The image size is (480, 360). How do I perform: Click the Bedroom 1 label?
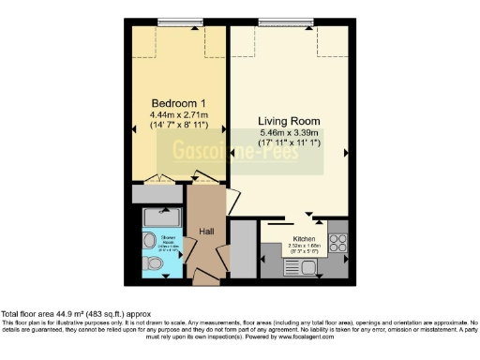coord(178,103)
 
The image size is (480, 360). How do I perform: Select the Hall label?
coord(206,232)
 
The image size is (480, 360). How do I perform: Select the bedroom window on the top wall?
coord(177,22)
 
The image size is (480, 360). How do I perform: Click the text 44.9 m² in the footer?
coord(73,314)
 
